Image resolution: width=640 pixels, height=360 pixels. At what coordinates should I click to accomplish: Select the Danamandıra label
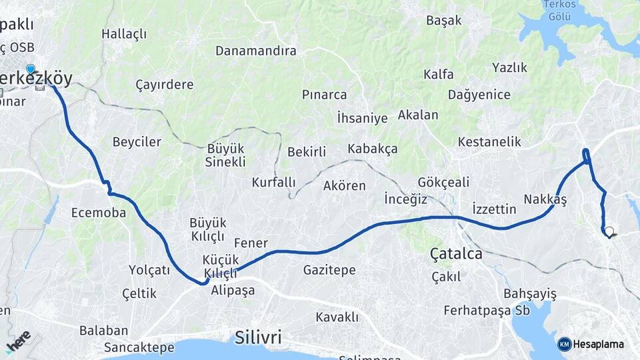pos(256,51)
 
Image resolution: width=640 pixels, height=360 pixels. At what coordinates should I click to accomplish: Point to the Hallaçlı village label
pos(124,34)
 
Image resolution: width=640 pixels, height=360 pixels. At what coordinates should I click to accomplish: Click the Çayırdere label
pos(165,85)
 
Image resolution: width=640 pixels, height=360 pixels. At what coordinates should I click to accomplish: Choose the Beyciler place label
pos(137,142)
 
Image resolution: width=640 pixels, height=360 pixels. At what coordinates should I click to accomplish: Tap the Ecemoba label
pos(99,213)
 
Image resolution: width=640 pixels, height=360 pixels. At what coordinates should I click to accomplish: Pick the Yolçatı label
pos(150,270)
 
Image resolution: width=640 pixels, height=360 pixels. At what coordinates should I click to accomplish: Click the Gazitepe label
pos(329,270)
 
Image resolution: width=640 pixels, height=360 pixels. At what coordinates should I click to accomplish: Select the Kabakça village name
pos(372,149)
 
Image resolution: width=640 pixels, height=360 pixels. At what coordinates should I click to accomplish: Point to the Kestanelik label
pos(489,142)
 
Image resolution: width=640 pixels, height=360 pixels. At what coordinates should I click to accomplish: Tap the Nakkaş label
pos(545,199)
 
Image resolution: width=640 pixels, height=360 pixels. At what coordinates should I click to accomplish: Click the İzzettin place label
pos(494,209)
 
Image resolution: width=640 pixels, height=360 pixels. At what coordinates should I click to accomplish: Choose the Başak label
pos(444,20)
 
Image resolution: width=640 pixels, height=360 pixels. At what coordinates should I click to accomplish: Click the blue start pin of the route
pos(31,69)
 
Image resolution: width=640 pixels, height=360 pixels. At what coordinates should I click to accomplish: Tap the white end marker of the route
pos(609,231)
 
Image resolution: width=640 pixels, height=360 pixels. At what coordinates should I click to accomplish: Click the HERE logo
pos(18,341)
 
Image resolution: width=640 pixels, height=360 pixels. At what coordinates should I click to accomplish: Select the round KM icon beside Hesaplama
pos(565,344)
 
